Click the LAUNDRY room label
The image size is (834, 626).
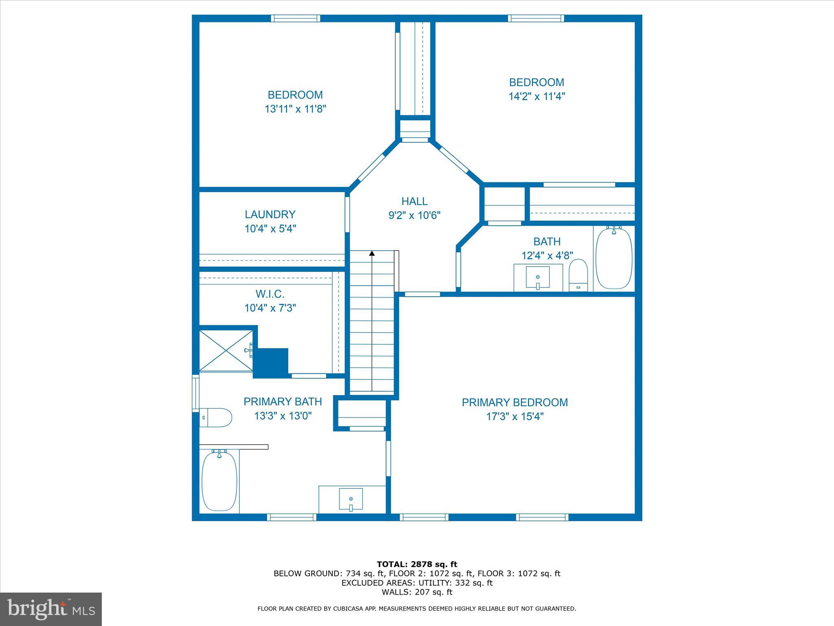[x=270, y=214]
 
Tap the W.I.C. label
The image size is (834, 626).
[x=270, y=294]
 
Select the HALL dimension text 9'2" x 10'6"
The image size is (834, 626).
[x=414, y=215]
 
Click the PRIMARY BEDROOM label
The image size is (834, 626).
[x=514, y=403]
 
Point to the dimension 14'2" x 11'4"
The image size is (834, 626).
[x=536, y=97]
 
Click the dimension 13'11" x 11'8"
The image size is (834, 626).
[x=295, y=109]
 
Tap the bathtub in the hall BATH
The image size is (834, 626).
[x=614, y=258]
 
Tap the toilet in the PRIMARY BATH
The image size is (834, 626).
[x=216, y=417]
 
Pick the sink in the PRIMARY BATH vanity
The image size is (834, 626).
[x=351, y=500]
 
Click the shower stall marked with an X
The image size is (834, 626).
[x=226, y=350]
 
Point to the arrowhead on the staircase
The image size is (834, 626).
[x=372, y=253]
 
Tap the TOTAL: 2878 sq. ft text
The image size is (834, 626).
[x=417, y=564]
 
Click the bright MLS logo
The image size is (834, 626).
[x=51, y=609]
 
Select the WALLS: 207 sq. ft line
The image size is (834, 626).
[x=417, y=592]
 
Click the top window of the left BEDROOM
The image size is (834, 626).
[x=295, y=18]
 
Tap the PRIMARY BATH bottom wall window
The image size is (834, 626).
[x=292, y=517]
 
